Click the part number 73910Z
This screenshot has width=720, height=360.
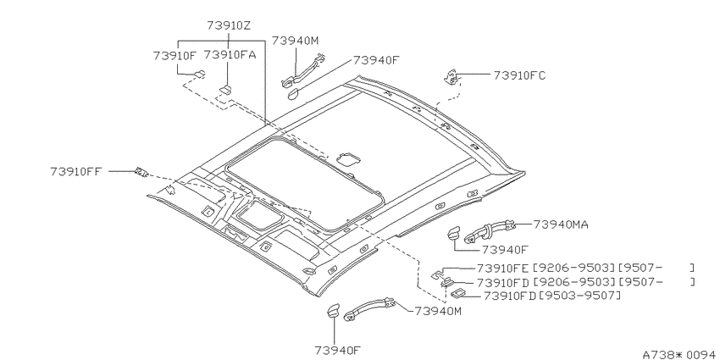229,25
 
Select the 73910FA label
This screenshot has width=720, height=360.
230,55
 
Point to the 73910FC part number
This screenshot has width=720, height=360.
519,75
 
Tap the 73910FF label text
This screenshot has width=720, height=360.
75,172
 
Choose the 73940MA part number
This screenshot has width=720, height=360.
561,224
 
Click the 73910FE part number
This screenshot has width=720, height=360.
503,268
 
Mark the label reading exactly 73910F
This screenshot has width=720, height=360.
174,56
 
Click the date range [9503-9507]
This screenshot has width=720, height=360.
579,296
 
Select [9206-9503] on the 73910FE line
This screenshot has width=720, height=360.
573,268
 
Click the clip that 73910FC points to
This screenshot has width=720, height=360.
452,78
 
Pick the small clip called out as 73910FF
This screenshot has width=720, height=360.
141,172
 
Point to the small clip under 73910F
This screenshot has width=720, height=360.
200,74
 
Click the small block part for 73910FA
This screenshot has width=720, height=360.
225,89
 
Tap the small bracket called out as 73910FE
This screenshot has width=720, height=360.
438,274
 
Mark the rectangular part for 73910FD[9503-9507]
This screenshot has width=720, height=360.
458,292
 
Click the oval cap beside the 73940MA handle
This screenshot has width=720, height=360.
453,233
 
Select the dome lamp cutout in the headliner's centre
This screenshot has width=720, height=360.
348,159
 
